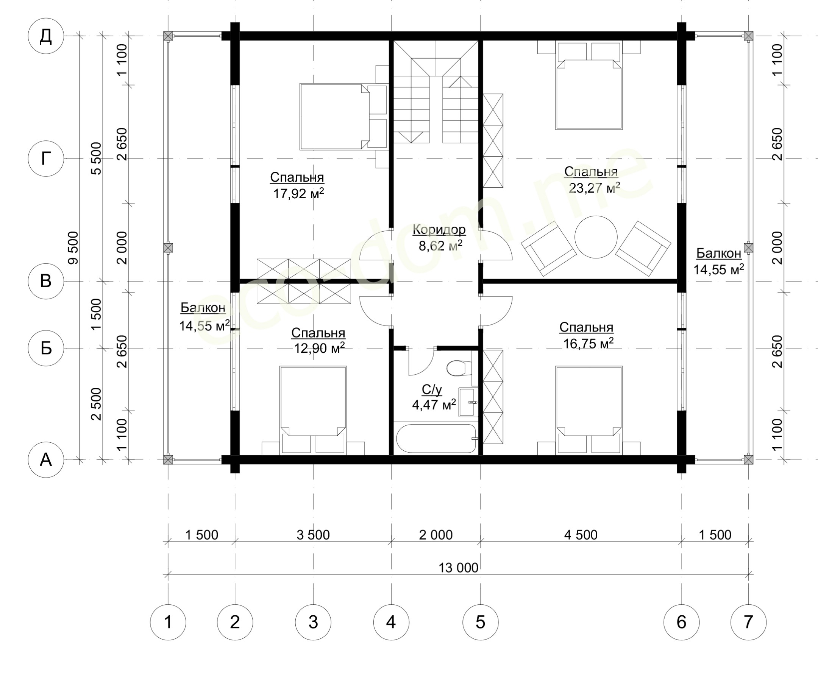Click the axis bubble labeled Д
pos(46,36)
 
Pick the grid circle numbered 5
pos(480,622)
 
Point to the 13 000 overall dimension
pos(459,568)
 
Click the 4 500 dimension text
pos(581,535)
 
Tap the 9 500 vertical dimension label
pos(73,248)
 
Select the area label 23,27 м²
pos(595,188)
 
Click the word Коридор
pos(439,230)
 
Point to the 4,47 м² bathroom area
pos(434,405)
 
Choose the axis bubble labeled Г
pos(46,159)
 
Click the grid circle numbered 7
pos(748,622)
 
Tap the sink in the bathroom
pos(468,402)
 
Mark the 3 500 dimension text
pos(313,535)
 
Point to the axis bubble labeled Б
pos(46,348)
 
